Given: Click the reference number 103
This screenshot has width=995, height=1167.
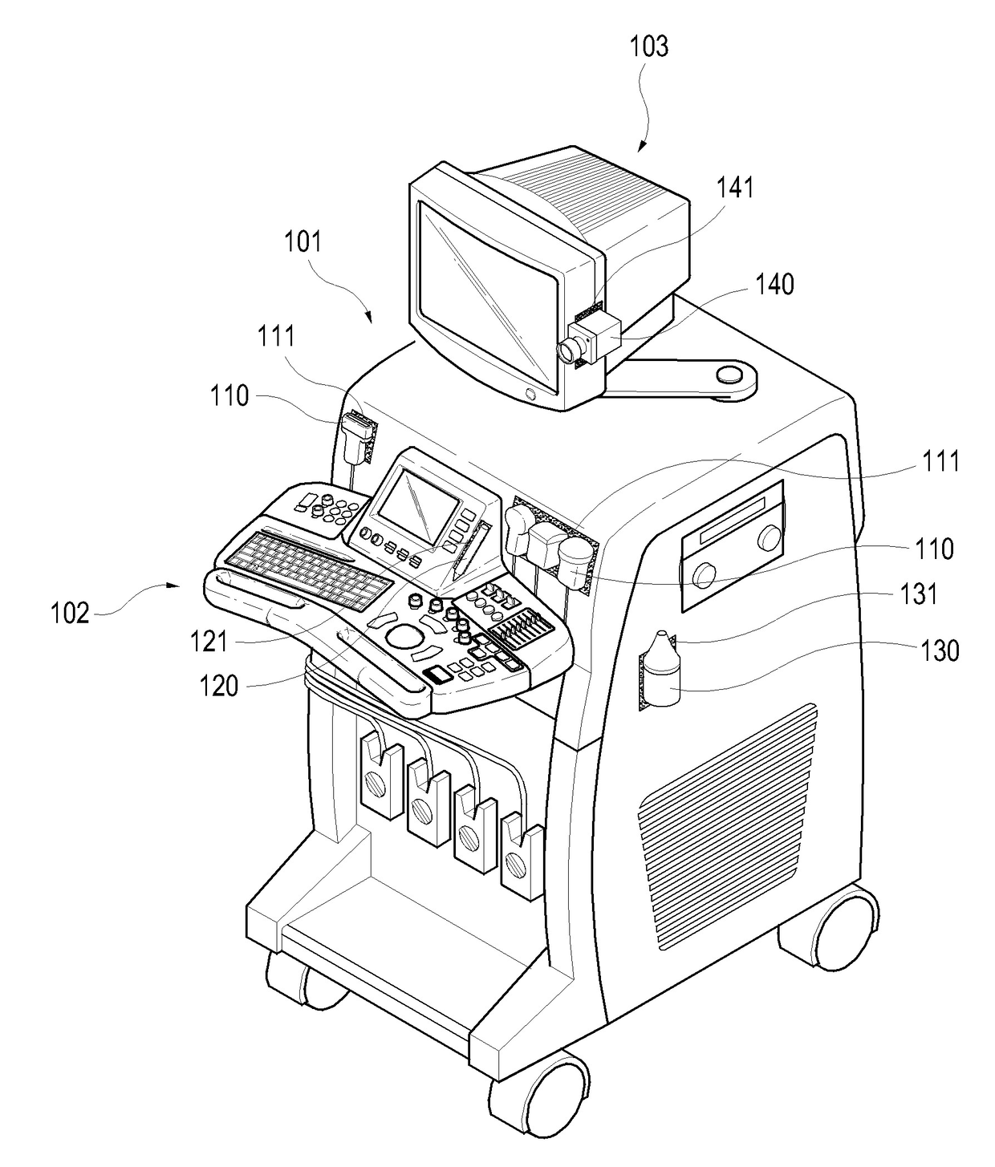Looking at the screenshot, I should [648, 47].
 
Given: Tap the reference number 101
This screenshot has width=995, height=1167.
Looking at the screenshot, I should [303, 241].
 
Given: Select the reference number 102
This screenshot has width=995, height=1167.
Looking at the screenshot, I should [71, 614].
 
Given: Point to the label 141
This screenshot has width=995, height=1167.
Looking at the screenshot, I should [735, 187].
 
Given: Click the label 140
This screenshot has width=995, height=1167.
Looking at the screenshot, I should [775, 284].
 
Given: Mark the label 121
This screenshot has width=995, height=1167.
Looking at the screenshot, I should [209, 641].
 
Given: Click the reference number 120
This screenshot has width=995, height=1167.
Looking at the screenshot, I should [219, 685].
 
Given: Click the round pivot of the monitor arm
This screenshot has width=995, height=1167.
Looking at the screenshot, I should [729, 374].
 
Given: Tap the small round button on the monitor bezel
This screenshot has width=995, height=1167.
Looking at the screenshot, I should [530, 394].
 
